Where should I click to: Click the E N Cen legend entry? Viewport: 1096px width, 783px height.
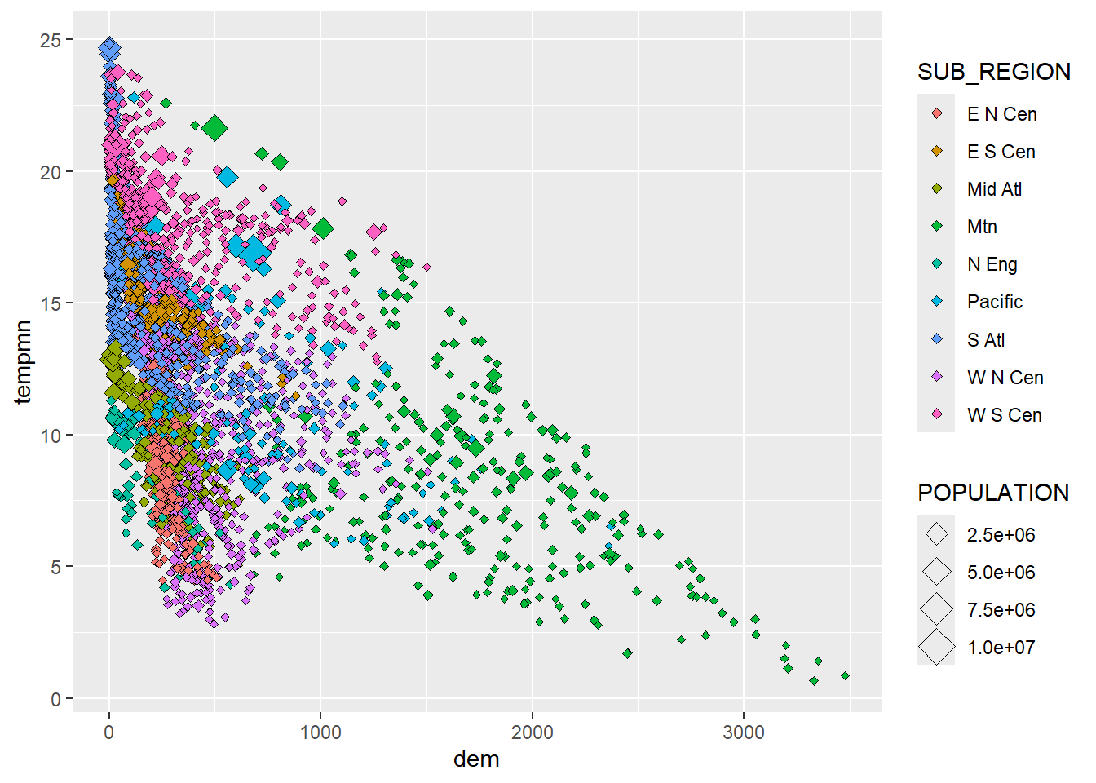pos(1001,114)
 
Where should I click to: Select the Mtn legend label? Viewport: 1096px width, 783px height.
pos(982,227)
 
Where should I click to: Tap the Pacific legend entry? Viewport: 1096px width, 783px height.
pos(994,302)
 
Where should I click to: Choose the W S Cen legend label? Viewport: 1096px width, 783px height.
pos(1004,415)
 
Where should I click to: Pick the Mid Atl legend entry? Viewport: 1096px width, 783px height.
pos(994,189)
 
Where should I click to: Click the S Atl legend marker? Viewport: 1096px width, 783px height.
pos(937,339)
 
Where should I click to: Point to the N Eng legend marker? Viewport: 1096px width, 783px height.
pos(937,264)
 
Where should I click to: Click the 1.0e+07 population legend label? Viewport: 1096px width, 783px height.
pos(1001,648)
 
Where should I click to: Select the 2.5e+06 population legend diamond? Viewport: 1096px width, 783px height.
pos(937,535)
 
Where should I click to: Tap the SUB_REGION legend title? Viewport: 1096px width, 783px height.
pos(993,72)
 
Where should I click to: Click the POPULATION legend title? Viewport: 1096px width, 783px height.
pos(992,493)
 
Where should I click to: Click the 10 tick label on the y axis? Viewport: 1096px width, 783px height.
pos(51,436)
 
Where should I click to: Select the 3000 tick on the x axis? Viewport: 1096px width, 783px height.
pos(744,732)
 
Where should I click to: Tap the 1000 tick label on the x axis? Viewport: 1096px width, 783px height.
pos(320,732)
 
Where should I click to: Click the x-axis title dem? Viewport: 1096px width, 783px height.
pos(476,759)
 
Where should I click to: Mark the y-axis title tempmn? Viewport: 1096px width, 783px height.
pos(23,362)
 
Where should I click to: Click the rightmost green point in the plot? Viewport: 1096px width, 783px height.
pos(845,675)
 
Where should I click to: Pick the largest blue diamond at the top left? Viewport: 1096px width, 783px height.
pos(110,49)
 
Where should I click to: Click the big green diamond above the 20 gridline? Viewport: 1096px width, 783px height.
pos(214,128)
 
